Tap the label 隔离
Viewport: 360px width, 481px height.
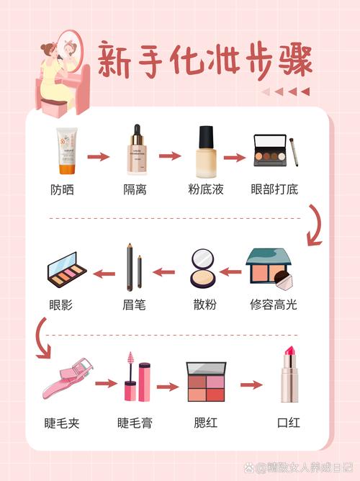tap(135, 190)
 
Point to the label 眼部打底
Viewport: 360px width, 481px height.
tap(274, 190)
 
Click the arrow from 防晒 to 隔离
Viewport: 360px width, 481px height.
tap(99, 156)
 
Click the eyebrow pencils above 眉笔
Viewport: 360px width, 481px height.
tap(135, 268)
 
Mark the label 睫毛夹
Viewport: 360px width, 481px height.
tap(60, 423)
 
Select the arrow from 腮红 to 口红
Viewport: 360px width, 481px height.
tap(251, 385)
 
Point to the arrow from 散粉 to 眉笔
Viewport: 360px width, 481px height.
tap(163, 272)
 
